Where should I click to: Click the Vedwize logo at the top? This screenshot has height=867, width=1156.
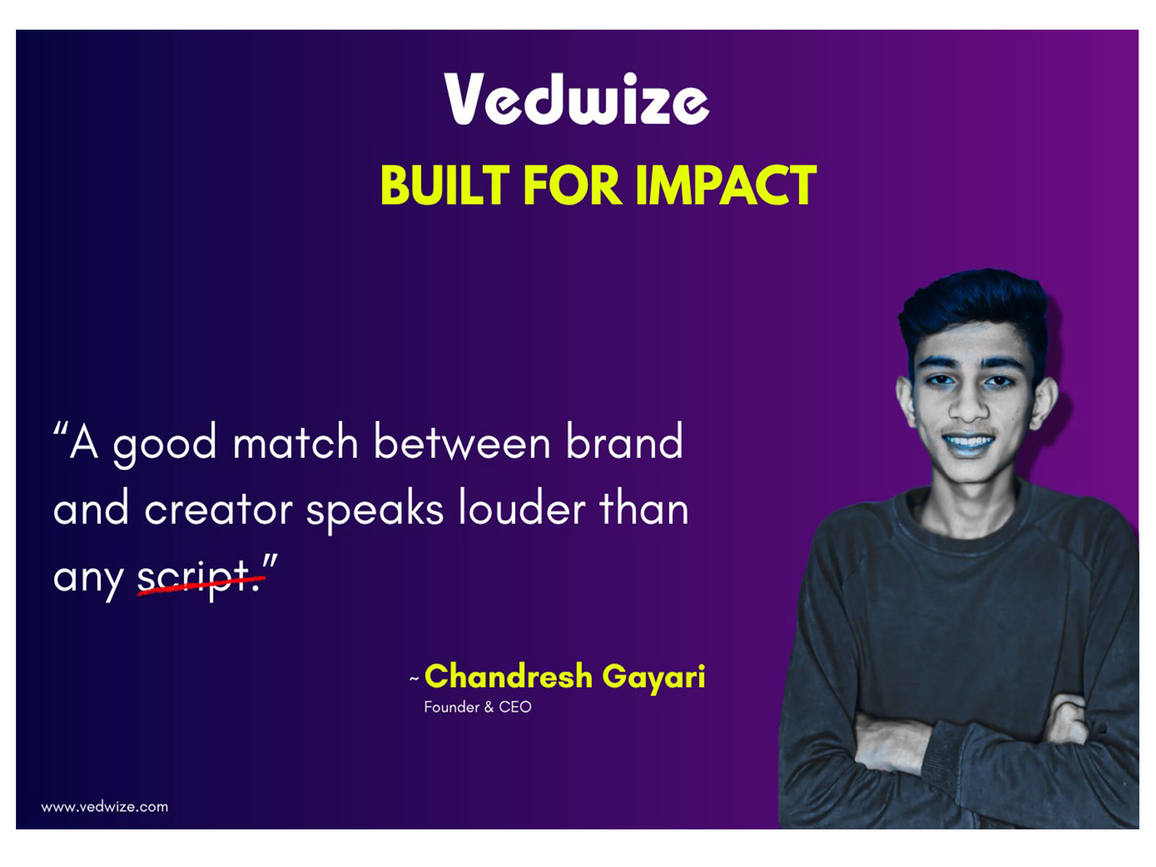[x=576, y=99]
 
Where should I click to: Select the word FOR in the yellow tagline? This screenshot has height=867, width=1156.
[x=571, y=186]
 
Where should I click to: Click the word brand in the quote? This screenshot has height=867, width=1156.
[x=624, y=442]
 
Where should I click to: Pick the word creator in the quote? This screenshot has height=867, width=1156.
[x=218, y=509]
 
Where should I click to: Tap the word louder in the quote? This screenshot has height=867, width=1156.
[x=522, y=509]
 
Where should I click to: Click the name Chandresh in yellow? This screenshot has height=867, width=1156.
[x=508, y=676]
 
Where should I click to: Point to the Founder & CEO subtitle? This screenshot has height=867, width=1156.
[x=478, y=707]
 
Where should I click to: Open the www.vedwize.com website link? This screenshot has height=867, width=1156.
[x=105, y=807]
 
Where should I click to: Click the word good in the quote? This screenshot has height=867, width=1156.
[x=165, y=444]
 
